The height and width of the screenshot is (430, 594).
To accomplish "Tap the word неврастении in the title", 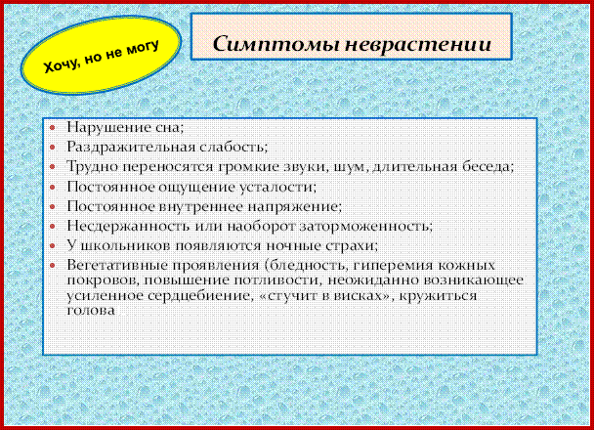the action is coord(418,44).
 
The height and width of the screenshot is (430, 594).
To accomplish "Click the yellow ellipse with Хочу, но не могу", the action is coord(101,55).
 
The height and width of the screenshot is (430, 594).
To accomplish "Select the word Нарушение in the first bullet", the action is coord(108,128).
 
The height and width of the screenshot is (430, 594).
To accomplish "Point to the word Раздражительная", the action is coord(130,147).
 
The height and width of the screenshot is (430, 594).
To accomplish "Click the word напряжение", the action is coord(295,206).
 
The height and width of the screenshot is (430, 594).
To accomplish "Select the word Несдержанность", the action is coord(128,226).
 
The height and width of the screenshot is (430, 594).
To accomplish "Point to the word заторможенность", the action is coord(366,226).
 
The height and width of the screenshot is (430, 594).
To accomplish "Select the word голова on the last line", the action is coord(91,311).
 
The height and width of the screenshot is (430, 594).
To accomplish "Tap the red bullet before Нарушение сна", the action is coord(53,128).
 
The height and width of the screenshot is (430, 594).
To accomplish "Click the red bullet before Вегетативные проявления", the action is coord(53,266).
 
